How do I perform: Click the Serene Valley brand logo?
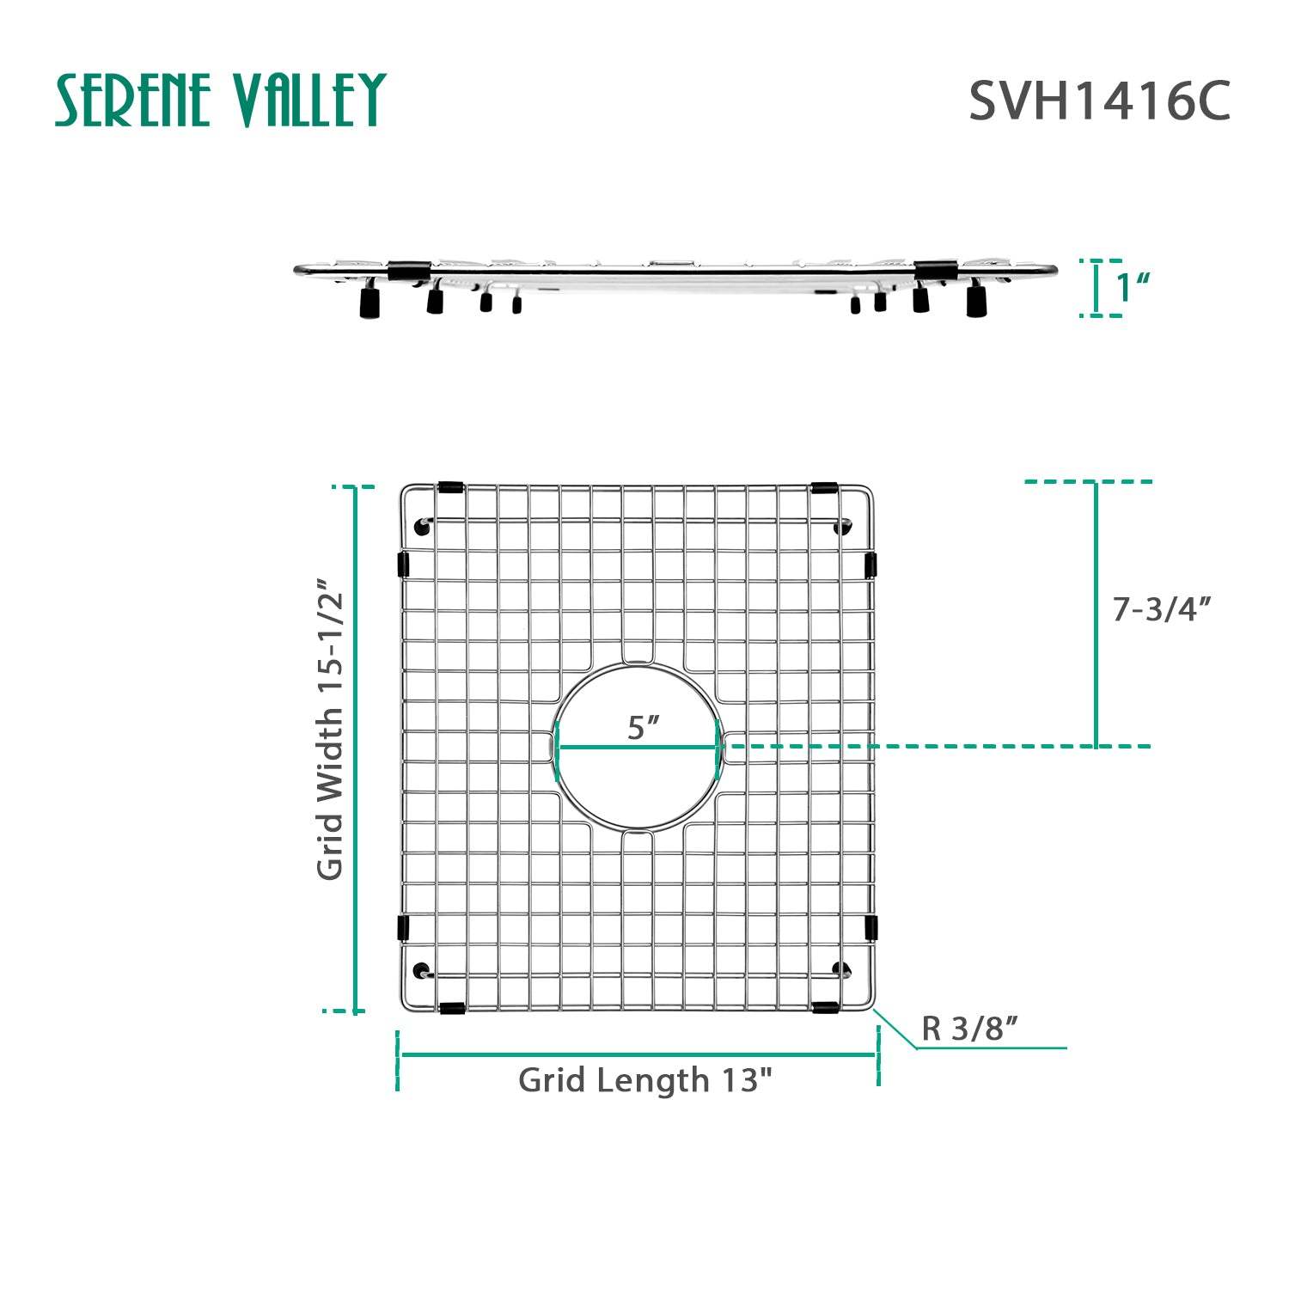(220, 100)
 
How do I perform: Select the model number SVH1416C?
(1099, 101)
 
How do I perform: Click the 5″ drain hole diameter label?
(642, 727)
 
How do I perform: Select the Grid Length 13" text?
(645, 1080)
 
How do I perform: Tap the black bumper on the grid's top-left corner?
(450, 488)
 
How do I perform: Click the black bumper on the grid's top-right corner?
(823, 488)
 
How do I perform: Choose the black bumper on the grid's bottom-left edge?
(452, 1007)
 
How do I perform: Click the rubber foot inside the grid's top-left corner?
(421, 526)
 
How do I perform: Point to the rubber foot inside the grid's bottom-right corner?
(841, 970)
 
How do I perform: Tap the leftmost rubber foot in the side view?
(370, 302)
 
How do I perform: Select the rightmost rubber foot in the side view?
(976, 302)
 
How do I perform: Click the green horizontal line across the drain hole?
(638, 747)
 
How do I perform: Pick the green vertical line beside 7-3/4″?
(1096, 614)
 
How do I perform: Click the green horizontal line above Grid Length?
(638, 1054)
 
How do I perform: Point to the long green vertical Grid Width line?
(354, 748)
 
